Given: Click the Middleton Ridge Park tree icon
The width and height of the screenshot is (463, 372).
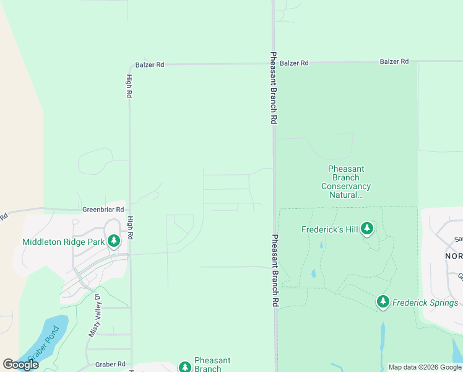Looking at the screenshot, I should tap(113, 241).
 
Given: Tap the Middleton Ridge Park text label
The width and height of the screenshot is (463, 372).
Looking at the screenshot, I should tap(63, 242).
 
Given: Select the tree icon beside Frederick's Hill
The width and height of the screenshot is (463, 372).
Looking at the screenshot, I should tap(367, 229).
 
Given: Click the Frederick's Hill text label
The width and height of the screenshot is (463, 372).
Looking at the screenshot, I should tap(330, 229).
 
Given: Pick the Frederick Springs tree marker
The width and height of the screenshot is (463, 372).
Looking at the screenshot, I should tap(383, 302).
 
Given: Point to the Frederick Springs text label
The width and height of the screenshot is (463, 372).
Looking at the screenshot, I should tap(426, 303).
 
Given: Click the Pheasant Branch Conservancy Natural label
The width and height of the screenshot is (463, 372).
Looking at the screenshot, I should tap(346, 182).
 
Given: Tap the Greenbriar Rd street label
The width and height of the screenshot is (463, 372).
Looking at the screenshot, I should tap(103, 210).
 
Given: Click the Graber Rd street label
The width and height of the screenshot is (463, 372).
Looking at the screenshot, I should tap(112, 364).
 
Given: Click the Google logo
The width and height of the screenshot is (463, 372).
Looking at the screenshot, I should tap(20, 365).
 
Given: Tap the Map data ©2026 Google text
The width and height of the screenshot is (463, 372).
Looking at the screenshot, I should tap(425, 367).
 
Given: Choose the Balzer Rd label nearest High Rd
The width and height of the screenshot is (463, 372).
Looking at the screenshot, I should tap(150, 64).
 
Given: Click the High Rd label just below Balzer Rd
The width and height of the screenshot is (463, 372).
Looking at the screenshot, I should tap(129, 86).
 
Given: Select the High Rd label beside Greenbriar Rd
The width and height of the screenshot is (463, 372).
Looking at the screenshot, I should tap(130, 228).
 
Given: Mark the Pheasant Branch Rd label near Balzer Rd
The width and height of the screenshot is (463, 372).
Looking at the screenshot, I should tap(272, 88).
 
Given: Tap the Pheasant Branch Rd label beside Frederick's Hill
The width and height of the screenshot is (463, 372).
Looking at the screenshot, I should tap(272, 271).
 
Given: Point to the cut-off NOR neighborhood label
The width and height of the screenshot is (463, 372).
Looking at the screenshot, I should tap(454, 255).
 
